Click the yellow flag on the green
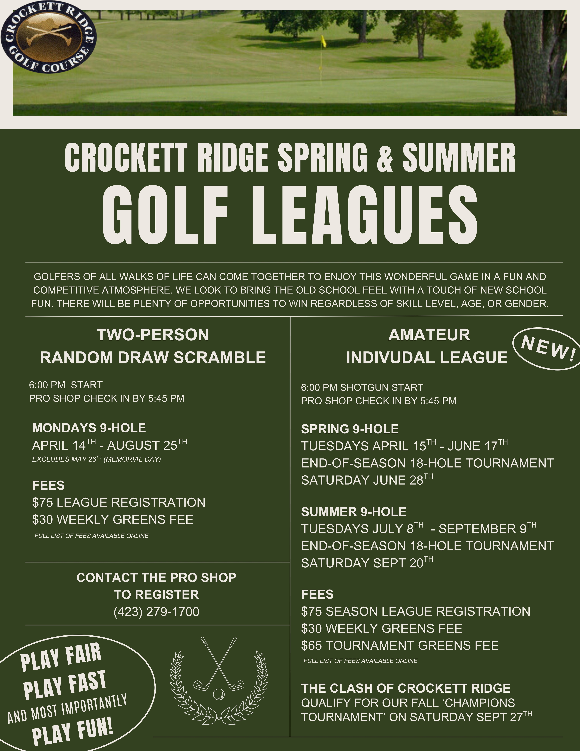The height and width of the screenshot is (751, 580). (323, 41)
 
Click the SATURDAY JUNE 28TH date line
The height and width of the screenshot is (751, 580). (367, 480)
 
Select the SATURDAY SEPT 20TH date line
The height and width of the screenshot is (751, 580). (367, 563)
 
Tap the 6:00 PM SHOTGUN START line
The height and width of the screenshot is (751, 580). (362, 388)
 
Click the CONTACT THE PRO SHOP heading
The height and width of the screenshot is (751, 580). (156, 578)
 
